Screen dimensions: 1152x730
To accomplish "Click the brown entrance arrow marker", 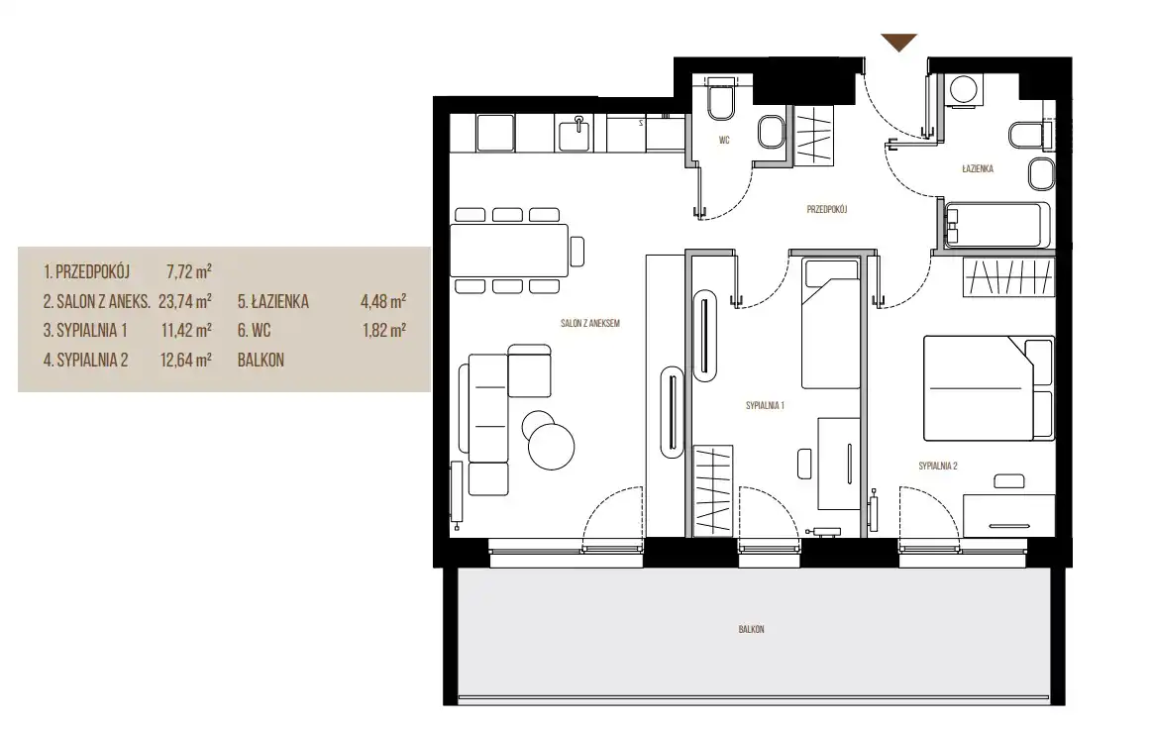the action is (898, 43).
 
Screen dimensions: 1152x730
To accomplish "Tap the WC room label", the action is (724, 141).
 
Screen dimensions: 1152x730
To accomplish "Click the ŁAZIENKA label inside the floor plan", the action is (977, 169).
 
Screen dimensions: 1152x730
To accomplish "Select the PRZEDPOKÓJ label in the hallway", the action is (826, 209).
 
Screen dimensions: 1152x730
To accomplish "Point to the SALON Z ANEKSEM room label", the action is (590, 323).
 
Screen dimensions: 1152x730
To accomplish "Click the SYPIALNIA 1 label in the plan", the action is (765, 405).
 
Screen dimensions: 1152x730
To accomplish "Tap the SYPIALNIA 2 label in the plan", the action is (937, 466).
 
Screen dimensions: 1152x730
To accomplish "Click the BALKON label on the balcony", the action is (751, 629).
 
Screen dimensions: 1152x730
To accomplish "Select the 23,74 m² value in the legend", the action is (185, 301).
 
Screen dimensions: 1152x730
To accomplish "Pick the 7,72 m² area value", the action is (189, 271).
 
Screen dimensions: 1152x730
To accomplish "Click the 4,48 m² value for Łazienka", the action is (382, 301).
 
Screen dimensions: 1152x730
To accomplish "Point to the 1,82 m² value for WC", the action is (383, 331).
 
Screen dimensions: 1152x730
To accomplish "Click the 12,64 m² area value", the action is (186, 360).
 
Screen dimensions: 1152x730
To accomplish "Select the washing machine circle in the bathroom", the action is (962, 90).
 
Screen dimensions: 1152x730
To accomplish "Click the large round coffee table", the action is (551, 447).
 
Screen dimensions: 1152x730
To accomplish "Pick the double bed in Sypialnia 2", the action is (989, 387).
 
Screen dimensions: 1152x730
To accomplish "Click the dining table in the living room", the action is (509, 251).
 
